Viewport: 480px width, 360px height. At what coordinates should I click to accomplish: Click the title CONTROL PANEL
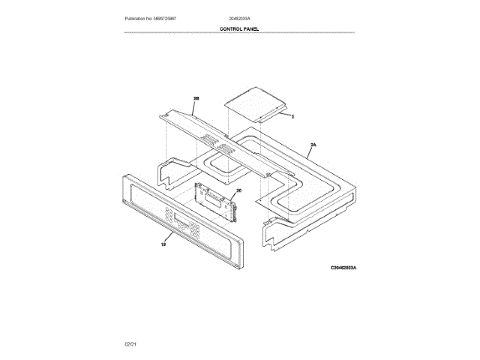tap(239, 28)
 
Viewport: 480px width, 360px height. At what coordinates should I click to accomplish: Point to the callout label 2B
tap(196, 98)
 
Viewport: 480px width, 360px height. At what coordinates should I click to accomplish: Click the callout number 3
tap(292, 117)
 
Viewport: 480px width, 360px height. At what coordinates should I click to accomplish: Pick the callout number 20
tap(239, 191)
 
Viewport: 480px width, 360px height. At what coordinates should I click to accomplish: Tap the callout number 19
tap(163, 244)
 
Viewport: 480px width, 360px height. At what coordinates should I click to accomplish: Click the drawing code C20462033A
tap(345, 267)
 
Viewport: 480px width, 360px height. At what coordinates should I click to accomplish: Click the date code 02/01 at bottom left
tap(130, 343)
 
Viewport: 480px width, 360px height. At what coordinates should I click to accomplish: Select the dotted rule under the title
tap(239, 33)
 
